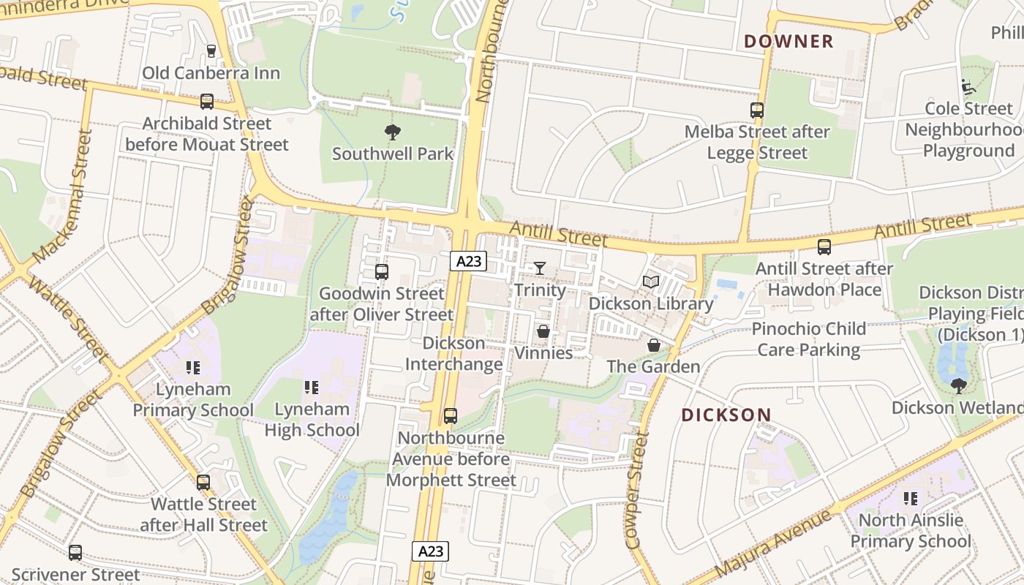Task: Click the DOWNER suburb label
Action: coord(788,42)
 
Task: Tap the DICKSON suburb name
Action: coord(726,415)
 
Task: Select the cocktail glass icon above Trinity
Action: coord(540,268)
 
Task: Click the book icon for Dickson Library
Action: coord(650,282)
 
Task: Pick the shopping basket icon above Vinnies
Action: coord(543,331)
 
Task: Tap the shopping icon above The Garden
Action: coord(653,344)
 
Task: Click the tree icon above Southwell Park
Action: coord(393,132)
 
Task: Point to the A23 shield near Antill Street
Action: coord(468,261)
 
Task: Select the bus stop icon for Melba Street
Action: coord(757,110)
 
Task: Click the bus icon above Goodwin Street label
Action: coord(381,272)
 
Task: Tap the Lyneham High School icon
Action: coord(311,387)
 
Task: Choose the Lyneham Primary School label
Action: coord(193,399)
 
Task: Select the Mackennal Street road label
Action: coord(64,197)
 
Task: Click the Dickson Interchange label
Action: coord(453,353)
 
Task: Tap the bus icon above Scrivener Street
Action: coord(75,553)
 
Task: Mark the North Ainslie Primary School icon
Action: coord(911,499)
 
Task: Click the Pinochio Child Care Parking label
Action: coord(809,339)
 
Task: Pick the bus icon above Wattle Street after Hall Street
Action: coord(203,483)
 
